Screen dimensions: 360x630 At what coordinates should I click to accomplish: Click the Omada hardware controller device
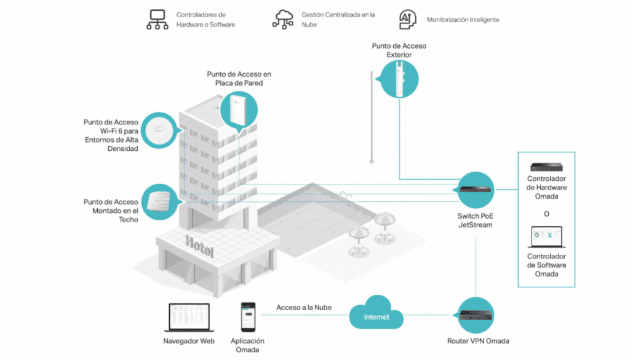click(546, 167)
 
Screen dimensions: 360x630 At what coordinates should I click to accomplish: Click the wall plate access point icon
click(239, 110)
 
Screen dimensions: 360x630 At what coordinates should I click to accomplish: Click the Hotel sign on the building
click(200, 246)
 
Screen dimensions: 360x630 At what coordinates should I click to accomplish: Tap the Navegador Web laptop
click(189, 316)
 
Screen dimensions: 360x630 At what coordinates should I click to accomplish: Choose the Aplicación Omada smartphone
click(247, 316)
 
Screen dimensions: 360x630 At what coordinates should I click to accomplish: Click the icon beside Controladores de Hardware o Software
click(157, 20)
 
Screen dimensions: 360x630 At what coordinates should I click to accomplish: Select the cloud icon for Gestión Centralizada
click(283, 19)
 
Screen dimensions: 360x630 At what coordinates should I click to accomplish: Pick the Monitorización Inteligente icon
click(406, 19)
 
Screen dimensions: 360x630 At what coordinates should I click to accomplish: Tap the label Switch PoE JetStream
click(475, 220)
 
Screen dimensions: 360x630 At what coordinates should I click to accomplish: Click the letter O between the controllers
click(546, 214)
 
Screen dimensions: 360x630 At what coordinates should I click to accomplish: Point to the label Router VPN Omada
click(478, 341)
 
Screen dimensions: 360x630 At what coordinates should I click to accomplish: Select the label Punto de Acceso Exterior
click(399, 50)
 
